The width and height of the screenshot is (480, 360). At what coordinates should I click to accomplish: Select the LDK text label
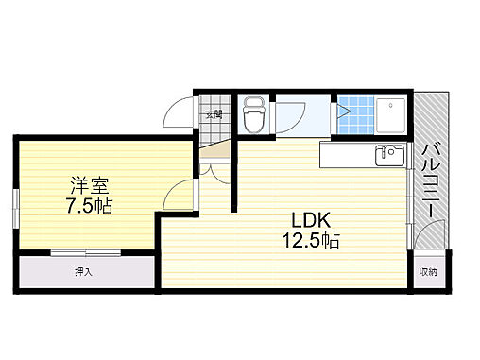309,220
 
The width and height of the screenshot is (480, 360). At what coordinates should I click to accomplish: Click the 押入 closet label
84,272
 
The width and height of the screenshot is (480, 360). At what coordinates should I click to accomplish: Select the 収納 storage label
428,272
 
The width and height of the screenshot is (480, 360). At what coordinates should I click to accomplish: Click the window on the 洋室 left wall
16,205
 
